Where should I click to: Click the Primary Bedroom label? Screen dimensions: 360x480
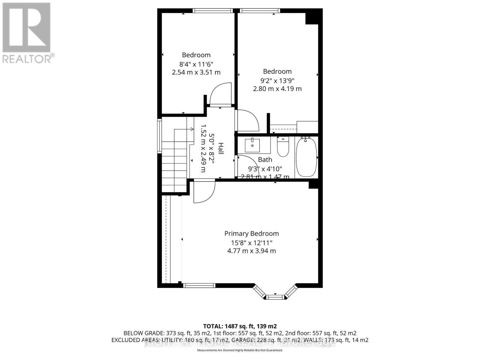coord(251,233)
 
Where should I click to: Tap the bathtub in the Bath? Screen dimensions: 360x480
coord(306,157)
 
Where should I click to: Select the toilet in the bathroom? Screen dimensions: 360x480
coord(283,147)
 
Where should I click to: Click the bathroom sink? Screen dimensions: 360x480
coord(252,145)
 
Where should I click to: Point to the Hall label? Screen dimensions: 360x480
coord(220,149)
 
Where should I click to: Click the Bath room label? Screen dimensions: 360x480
coord(265,160)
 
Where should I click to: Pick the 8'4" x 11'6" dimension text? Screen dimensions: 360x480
coord(196,64)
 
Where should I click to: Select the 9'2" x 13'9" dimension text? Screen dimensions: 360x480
coord(277,80)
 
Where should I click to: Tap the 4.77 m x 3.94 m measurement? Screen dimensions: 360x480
coord(251,251)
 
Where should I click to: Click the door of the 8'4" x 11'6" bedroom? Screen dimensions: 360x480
coord(221,94)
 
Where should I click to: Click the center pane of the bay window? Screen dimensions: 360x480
coord(275,297)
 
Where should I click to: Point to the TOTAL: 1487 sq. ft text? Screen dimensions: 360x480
coord(240,326)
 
